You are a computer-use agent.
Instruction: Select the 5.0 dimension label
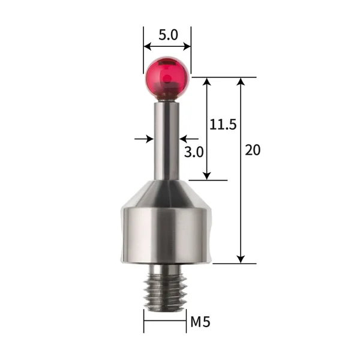pyautogui.click(x=167, y=35)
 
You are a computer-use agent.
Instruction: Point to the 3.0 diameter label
pyautogui.click(x=194, y=152)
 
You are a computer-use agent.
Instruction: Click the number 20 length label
pyautogui.click(x=253, y=150)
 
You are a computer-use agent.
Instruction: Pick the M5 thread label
pyautogui.click(x=200, y=322)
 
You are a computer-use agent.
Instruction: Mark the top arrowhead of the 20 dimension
pyautogui.click(x=241, y=82)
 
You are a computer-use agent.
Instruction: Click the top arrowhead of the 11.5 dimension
pyautogui.click(x=206, y=82)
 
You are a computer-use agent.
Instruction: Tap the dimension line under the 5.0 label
pyautogui.click(x=167, y=47)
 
